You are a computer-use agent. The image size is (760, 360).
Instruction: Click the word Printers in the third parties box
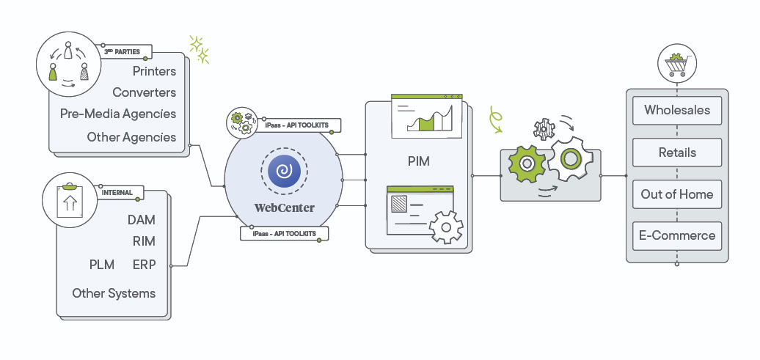point(154,71)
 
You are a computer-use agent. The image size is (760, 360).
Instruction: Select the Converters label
point(144,92)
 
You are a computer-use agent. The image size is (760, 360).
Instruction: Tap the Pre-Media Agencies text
point(118,114)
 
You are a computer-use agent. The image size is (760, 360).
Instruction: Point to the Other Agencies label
point(131,137)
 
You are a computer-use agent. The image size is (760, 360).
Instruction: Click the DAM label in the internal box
point(141,220)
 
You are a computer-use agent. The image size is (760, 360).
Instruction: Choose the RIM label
point(144,241)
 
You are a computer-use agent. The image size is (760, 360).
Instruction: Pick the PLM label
point(102,265)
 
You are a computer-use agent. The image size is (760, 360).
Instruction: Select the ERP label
point(144,265)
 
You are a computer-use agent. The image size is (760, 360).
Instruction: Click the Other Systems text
point(114,293)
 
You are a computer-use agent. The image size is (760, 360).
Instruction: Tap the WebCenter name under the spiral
point(284,208)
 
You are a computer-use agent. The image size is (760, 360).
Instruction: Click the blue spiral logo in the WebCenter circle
point(284,172)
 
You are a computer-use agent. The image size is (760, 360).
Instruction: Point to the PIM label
point(419,160)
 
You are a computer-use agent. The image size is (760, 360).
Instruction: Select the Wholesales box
point(677,111)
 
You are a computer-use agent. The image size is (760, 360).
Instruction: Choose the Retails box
point(677,153)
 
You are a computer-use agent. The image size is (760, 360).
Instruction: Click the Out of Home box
point(677,194)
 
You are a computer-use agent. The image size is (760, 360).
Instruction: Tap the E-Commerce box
point(677,236)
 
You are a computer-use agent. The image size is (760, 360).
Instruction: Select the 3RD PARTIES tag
point(122,52)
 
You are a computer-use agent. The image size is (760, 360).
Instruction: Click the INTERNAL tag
point(117,193)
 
